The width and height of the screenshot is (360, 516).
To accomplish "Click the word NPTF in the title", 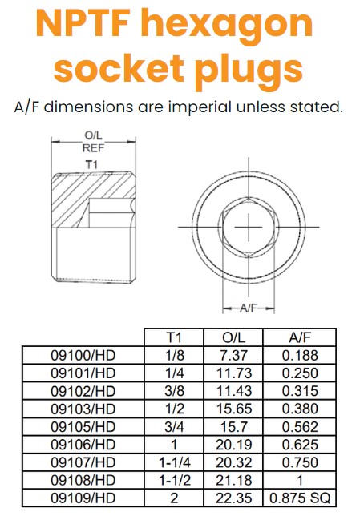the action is [x=87, y=24].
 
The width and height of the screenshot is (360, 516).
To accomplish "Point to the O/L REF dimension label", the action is [x=93, y=142].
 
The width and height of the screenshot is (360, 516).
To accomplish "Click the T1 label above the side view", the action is [x=92, y=164].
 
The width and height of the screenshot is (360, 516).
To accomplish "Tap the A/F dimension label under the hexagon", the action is [x=248, y=308].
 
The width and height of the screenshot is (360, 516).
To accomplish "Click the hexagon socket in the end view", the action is [x=249, y=227].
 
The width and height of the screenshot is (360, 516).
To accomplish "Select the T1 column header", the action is [x=174, y=337].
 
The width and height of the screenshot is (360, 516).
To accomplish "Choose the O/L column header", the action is [x=233, y=337].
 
